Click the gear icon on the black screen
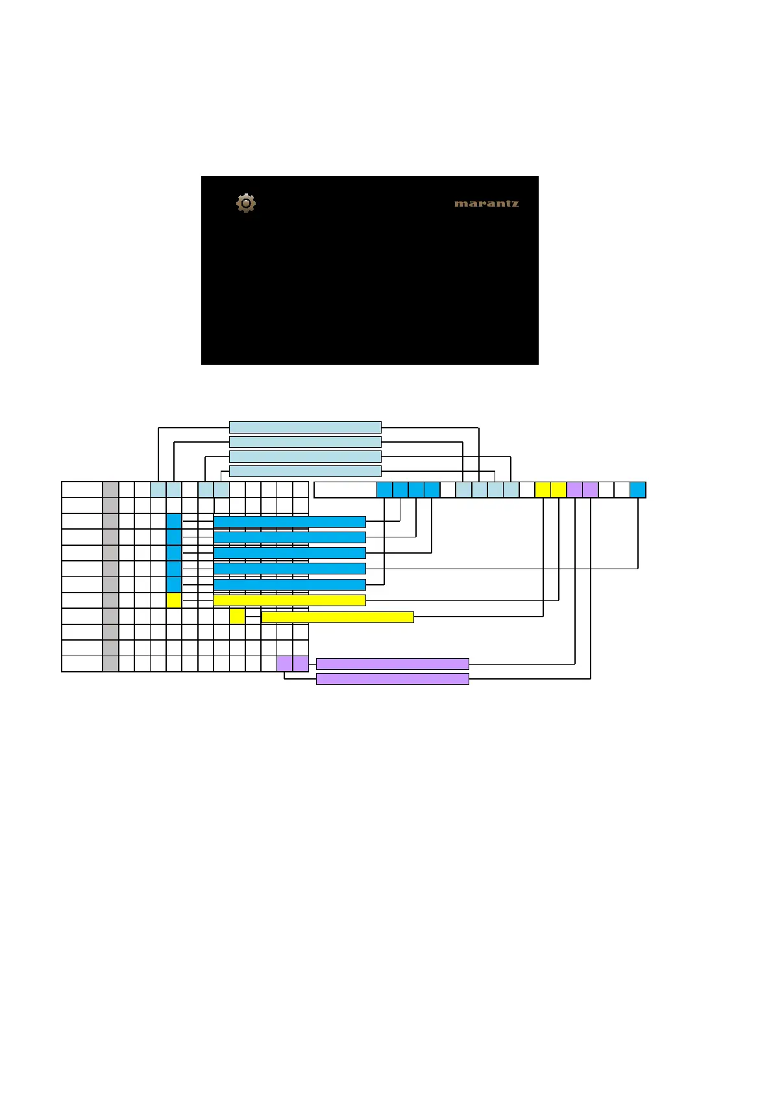click(246, 203)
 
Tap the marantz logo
click(486, 204)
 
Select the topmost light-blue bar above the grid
click(305, 427)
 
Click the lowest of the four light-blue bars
click(305, 471)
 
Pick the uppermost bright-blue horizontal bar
click(289, 522)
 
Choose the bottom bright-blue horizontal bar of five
click(289, 585)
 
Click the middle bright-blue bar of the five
click(289, 553)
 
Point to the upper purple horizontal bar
click(392, 664)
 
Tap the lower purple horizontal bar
click(392, 679)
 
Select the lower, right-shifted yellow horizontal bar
click(337, 617)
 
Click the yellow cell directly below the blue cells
click(174, 600)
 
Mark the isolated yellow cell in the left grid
click(237, 616)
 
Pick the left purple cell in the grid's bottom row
click(284, 663)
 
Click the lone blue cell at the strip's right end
click(638, 490)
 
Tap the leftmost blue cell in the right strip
click(384, 490)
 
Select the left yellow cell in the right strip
click(543, 490)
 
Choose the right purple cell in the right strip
click(591, 490)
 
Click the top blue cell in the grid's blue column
click(174, 521)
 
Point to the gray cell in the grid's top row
click(110, 489)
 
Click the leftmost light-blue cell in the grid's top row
click(158, 489)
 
